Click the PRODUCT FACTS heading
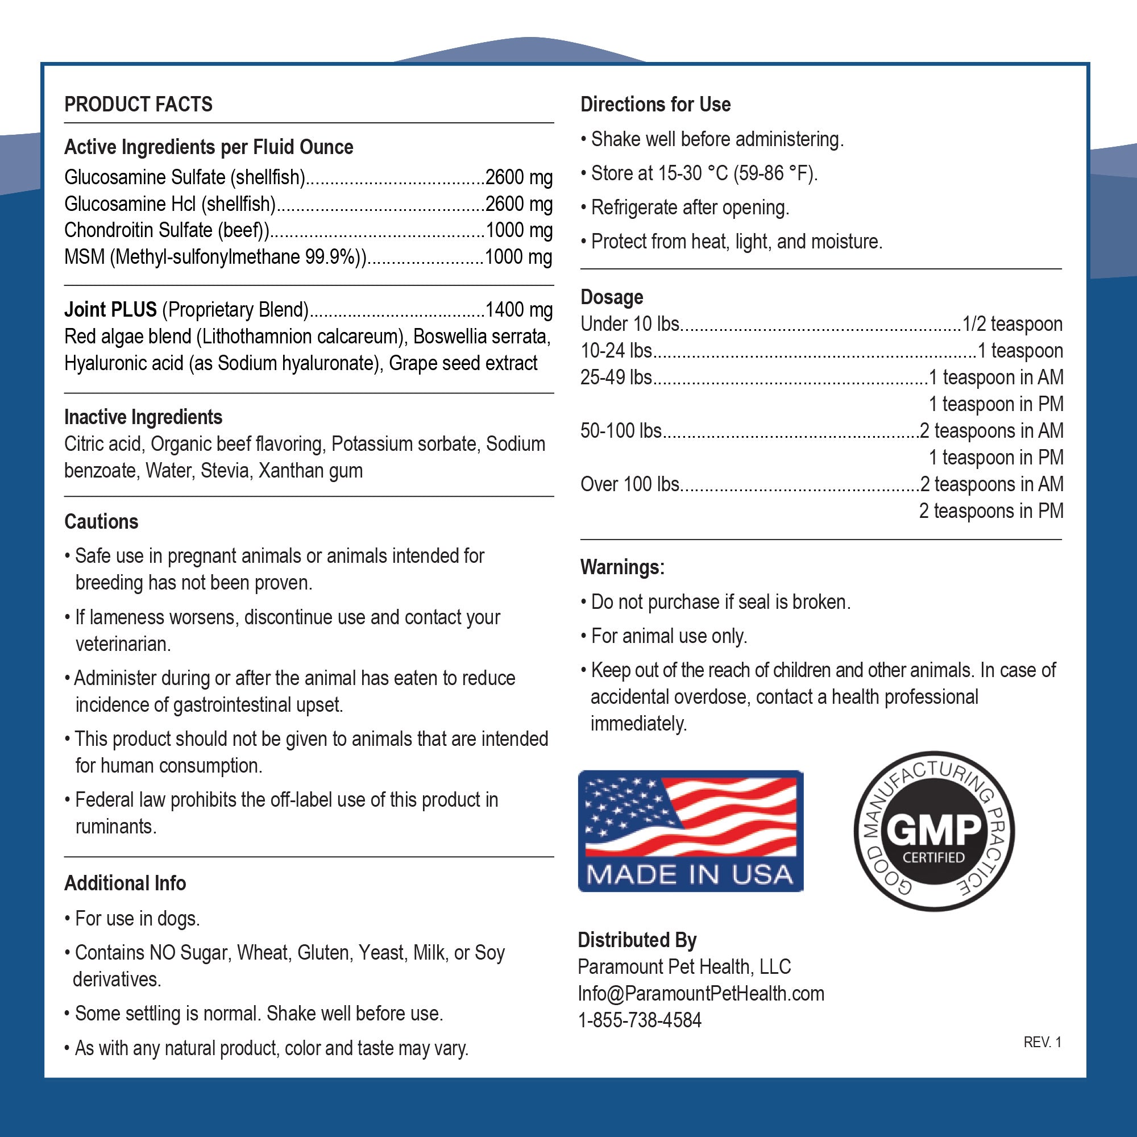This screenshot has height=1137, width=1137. pyautogui.click(x=138, y=105)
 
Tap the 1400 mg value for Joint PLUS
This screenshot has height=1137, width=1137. pyautogui.click(x=518, y=310)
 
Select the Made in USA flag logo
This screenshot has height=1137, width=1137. pyautogui.click(x=690, y=831)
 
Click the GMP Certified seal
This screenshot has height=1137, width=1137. pyautogui.click(x=933, y=831)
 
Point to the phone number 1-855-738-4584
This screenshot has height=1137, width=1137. pyautogui.click(x=640, y=1020)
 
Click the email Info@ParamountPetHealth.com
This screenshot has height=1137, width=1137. pyautogui.click(x=701, y=993)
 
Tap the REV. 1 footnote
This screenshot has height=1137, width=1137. pyautogui.click(x=1042, y=1042)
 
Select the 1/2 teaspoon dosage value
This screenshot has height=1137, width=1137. pyautogui.click(x=1012, y=324)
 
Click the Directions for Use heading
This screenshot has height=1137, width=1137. pyautogui.click(x=655, y=105)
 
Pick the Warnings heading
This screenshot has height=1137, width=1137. pyautogui.click(x=622, y=567)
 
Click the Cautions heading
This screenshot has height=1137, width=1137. pyautogui.click(x=101, y=522)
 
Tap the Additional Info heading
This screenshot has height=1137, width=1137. pyautogui.click(x=125, y=883)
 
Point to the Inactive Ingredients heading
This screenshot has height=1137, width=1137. pyautogui.click(x=143, y=417)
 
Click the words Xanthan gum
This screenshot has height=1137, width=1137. pyautogui.click(x=311, y=471)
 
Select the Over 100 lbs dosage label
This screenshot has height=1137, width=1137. pyautogui.click(x=630, y=484)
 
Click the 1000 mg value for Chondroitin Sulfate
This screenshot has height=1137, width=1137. pyautogui.click(x=518, y=230)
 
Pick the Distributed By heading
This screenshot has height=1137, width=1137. pyautogui.click(x=637, y=940)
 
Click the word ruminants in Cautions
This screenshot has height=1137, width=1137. pyautogui.click(x=116, y=827)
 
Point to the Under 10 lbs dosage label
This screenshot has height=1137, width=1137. pyautogui.click(x=630, y=324)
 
